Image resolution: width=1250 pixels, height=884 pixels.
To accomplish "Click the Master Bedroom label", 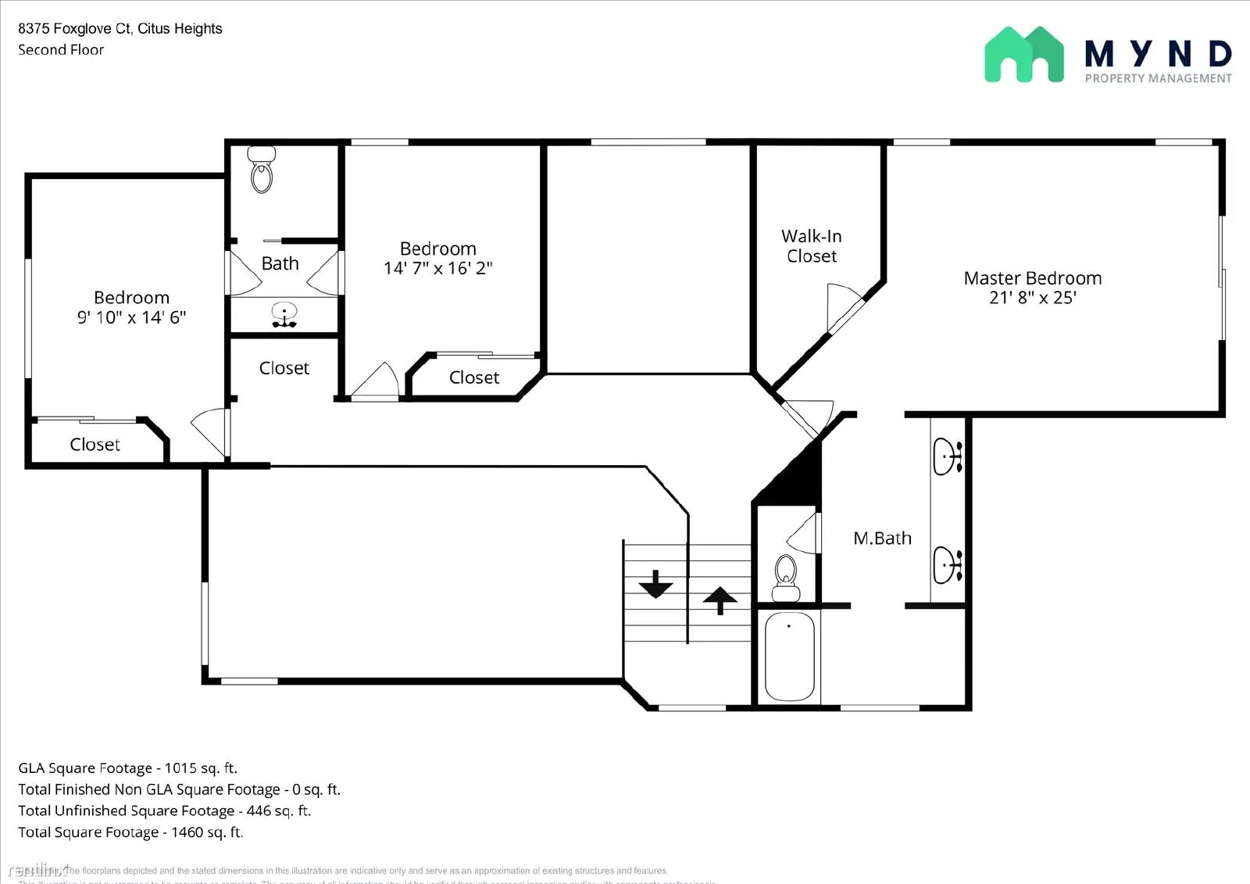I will pyautogui.click(x=1032, y=278).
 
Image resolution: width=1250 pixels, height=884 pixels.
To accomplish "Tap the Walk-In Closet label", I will pyautogui.click(x=811, y=246).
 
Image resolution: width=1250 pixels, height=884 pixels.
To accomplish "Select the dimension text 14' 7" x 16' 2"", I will pyautogui.click(x=437, y=268).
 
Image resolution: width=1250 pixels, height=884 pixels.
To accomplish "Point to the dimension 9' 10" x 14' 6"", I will pyautogui.click(x=131, y=317).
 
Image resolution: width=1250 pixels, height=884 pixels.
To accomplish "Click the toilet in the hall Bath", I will pyautogui.click(x=262, y=170).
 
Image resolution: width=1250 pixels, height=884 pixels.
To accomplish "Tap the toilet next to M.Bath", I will pyautogui.click(x=785, y=578).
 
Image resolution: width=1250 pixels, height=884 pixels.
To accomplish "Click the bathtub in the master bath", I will pyautogui.click(x=789, y=657).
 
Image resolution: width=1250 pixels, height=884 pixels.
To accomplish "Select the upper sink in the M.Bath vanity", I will pyautogui.click(x=948, y=456).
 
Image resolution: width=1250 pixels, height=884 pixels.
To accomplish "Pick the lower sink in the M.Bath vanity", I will pyautogui.click(x=948, y=564).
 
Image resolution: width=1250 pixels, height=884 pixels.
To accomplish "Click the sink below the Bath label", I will pyautogui.click(x=284, y=314).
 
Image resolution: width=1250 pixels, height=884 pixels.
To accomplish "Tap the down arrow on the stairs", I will pyautogui.click(x=655, y=584).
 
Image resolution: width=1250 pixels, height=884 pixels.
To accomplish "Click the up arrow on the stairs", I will pyautogui.click(x=720, y=600).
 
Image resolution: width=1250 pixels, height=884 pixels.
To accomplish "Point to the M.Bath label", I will pyautogui.click(x=882, y=539).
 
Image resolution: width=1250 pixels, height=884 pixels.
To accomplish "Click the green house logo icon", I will pyautogui.click(x=1023, y=55).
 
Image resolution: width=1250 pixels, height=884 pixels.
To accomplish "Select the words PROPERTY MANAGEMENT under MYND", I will pyautogui.click(x=1158, y=78).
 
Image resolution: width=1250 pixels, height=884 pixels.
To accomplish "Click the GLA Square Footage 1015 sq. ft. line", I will pyautogui.click(x=127, y=768).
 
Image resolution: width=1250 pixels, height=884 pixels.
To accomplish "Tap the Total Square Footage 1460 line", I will pyautogui.click(x=130, y=832).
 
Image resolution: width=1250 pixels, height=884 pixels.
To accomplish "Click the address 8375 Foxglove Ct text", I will pyautogui.click(x=120, y=29).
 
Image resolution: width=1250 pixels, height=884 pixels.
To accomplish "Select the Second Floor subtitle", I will pyautogui.click(x=61, y=50).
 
